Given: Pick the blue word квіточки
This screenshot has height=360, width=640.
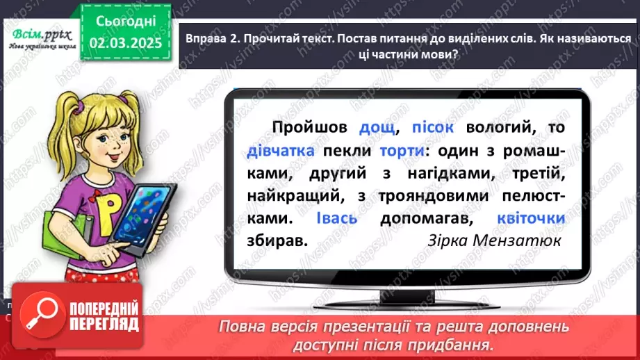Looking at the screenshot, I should click(530, 218).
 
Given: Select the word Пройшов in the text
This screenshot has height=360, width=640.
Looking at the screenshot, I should click(311, 129).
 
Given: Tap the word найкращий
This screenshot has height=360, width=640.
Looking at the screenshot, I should click(288, 195).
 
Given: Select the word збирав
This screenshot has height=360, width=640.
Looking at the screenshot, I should click(276, 240).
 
